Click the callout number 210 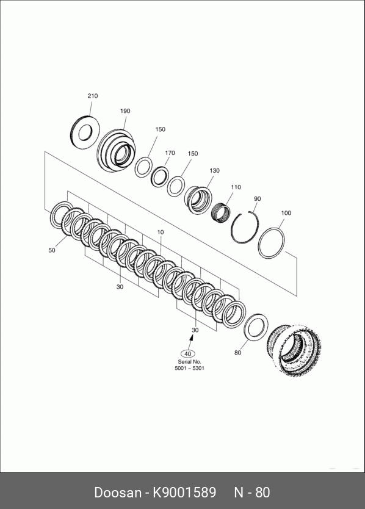coord(93,96)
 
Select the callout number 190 coord(125,111)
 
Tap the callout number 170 coord(170,153)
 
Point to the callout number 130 coord(214,170)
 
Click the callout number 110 coord(236,187)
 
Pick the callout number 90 coord(258,199)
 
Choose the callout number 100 coord(286,213)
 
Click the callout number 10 coord(161,232)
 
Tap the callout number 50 coord(52,250)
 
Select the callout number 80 coord(237,353)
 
